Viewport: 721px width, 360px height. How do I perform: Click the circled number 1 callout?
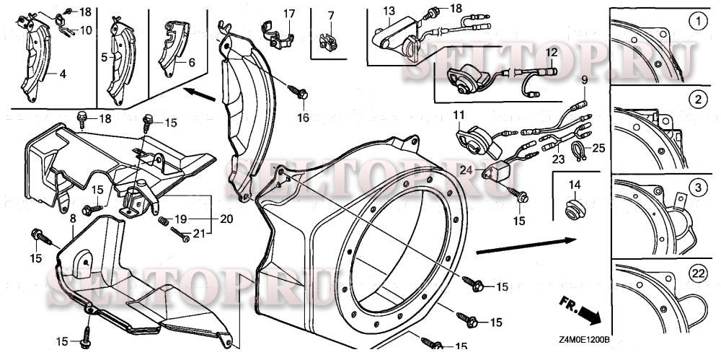(x=696, y=22)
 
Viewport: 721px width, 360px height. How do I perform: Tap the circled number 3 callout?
(x=696, y=188)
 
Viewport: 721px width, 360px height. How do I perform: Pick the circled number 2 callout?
(x=696, y=99)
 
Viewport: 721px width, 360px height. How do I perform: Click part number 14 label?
(x=574, y=185)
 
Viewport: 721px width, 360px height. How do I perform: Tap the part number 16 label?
(x=302, y=117)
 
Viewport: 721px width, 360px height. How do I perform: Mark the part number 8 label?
(x=72, y=216)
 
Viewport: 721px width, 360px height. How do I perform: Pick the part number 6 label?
(x=191, y=63)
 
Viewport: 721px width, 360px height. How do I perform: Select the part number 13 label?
(x=389, y=11)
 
